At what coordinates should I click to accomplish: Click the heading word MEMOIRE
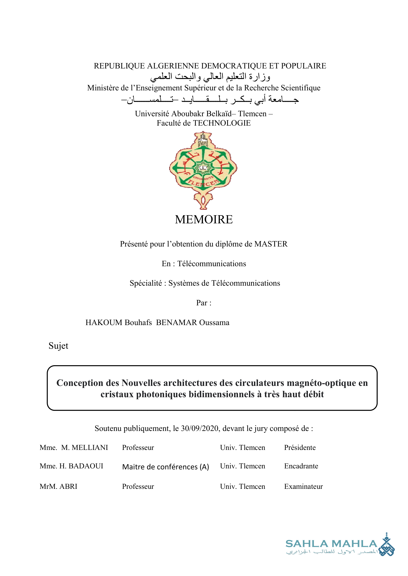(x=204, y=219)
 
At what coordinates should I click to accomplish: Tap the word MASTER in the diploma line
(x=271, y=244)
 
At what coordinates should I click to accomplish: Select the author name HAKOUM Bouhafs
(x=119, y=322)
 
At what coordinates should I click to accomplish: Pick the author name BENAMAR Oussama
(x=193, y=322)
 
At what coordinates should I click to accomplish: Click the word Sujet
(x=58, y=346)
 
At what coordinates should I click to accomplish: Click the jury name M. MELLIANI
(x=84, y=447)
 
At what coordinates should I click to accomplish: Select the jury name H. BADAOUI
(x=81, y=466)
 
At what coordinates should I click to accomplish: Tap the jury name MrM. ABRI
(x=58, y=486)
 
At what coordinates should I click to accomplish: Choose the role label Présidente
(x=300, y=447)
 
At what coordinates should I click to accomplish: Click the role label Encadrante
(x=301, y=466)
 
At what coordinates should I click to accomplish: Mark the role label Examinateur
(x=303, y=486)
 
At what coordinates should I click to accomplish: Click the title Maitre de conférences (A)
(x=166, y=467)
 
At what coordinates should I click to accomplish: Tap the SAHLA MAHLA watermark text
(x=331, y=544)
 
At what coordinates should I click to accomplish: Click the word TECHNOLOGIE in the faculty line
(x=222, y=123)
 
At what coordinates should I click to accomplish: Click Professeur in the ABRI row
(x=138, y=486)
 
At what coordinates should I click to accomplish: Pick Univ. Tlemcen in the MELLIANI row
(x=242, y=447)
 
